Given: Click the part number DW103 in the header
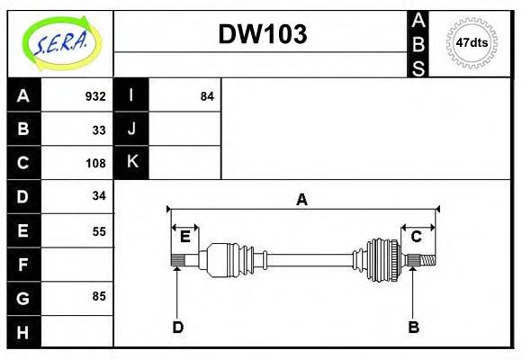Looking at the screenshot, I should (x=263, y=34).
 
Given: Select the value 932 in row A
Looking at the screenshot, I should (x=94, y=96).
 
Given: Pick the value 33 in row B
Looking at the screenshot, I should (x=99, y=130).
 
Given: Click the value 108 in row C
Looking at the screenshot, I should (x=94, y=163).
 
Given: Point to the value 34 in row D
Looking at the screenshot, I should (x=99, y=195).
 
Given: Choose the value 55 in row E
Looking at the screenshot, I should (x=99, y=231).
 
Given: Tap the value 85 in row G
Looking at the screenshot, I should (x=99, y=296).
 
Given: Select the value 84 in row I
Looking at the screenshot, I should (x=207, y=96).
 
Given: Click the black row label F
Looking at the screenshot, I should (x=23, y=265).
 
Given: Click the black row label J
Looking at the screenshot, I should (x=131, y=129).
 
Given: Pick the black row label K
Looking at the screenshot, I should (x=131, y=162).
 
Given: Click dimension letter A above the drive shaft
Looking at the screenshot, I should (x=302, y=200).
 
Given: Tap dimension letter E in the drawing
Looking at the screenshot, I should (x=184, y=237).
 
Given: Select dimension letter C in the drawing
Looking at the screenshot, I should (x=416, y=237).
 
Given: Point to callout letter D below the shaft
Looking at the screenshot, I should (x=177, y=327).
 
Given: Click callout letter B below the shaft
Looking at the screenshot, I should (x=413, y=327).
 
